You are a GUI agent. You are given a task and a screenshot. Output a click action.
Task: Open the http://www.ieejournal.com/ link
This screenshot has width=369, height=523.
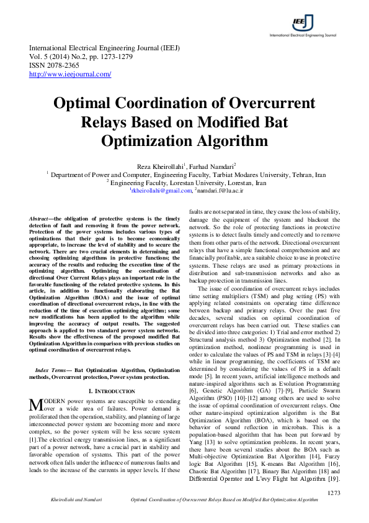70,74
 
